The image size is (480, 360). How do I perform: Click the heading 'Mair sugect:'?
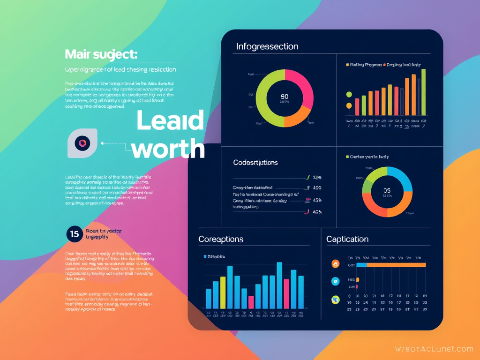coord(101,54)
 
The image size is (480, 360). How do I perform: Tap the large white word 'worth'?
coord(168,149)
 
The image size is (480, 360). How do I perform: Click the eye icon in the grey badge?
coord(82,143)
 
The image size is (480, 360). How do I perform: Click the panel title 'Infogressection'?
coord(267,46)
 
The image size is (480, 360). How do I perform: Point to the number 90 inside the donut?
coord(285,97)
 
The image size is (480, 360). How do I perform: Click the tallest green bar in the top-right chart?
coord(423,92)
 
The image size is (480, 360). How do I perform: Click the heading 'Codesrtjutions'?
coord(255,163)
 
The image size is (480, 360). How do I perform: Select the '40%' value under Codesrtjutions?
coord(317,212)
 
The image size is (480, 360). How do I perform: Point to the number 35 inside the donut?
coord(387,191)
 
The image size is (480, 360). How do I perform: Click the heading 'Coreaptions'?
coord(221,239)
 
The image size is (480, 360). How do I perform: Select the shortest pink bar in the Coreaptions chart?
coord(251,302)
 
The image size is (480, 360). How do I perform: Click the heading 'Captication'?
coord(347,239)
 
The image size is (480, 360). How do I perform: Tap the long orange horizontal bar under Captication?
coord(396,265)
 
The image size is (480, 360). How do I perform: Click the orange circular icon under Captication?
coord(335,264)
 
